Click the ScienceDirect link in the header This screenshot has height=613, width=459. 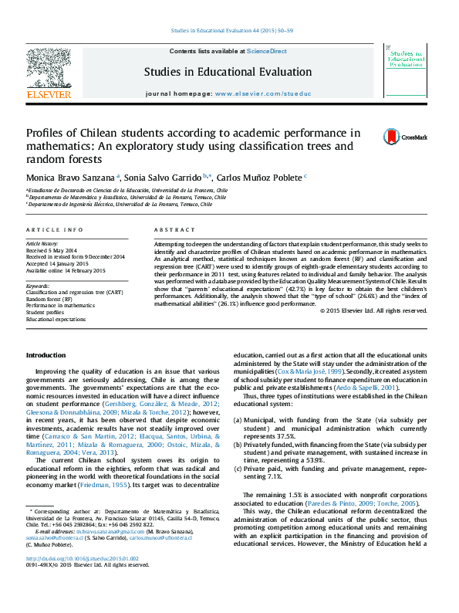267,51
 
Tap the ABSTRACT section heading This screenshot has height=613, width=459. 169,230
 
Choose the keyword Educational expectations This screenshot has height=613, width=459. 56,319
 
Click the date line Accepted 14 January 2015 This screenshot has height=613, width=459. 58,262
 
